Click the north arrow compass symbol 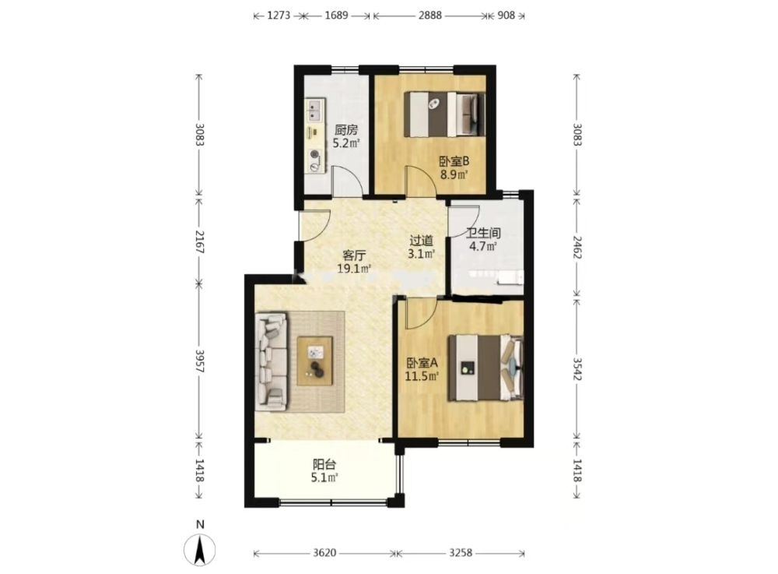pos(199,550)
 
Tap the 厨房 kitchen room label pos(346,130)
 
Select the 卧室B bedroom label pos(454,161)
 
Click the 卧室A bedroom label pos(422,363)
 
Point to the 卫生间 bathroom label pos(484,233)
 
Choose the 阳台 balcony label pos(324,465)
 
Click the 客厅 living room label pos(354,255)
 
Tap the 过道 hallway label pos(421,241)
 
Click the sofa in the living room pos(272,361)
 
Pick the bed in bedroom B pos(444,114)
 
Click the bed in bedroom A pos(485,368)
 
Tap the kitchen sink pos(314,111)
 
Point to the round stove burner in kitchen pos(314,154)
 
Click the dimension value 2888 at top pos(429,16)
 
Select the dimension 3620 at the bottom pos(324,553)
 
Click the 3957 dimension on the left pos(199,361)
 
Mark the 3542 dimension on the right pos(577,369)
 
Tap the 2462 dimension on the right pos(577,247)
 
